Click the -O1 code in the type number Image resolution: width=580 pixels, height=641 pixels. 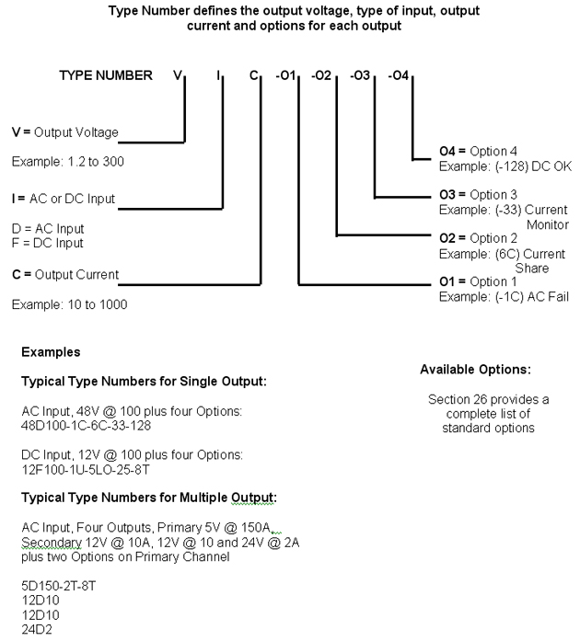pyautogui.click(x=285, y=75)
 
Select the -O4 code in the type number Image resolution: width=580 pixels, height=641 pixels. pyautogui.click(x=399, y=75)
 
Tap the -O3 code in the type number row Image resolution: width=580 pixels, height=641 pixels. pyautogui.click(x=360, y=75)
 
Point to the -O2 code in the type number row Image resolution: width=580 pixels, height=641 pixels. pyautogui.click(x=321, y=75)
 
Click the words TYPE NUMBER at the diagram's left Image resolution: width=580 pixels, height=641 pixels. pyautogui.click(x=106, y=75)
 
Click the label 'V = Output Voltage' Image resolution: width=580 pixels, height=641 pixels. pyautogui.click(x=65, y=132)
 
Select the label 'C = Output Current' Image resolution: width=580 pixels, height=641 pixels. pyautogui.click(x=65, y=275)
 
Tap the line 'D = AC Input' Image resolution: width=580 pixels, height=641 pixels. pyautogui.click(x=48, y=228)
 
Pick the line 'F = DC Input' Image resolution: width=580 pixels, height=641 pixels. pyautogui.click(x=48, y=243)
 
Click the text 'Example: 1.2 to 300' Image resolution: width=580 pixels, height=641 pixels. pyautogui.click(x=68, y=162)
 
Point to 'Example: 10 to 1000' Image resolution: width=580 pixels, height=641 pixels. pyautogui.click(x=70, y=304)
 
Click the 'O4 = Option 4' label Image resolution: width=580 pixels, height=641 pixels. pyautogui.click(x=478, y=151)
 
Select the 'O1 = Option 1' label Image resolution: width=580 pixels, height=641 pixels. pyautogui.click(x=478, y=281)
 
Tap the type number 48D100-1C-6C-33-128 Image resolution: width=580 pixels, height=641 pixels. pyautogui.click(x=86, y=426)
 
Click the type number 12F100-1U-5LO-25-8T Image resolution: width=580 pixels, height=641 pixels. pyautogui.click(x=86, y=470)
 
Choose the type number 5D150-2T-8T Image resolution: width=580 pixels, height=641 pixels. pyautogui.click(x=59, y=586)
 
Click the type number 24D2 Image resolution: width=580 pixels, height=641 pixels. pyautogui.click(x=37, y=630)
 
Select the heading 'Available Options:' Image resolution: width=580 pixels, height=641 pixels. pyautogui.click(x=476, y=370)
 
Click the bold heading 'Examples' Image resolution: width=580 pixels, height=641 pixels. pyautogui.click(x=51, y=352)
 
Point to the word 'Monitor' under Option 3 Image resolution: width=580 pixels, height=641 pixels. pyautogui.click(x=548, y=224)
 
